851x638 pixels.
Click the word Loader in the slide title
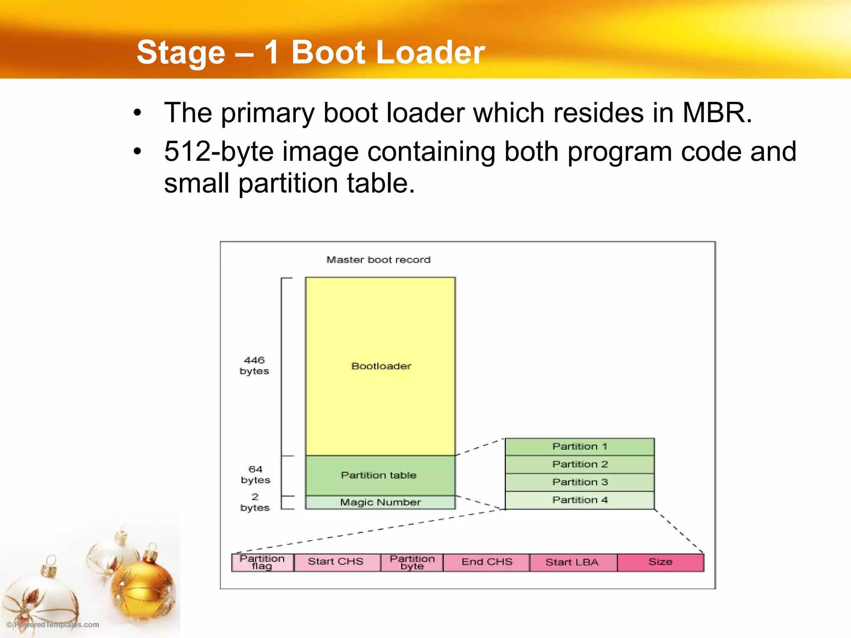[430, 52]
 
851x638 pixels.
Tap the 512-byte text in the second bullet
[219, 151]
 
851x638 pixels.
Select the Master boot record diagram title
[378, 260]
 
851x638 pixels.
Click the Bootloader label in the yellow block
[381, 366]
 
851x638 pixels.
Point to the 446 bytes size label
[254, 366]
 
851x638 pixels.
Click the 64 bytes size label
[256, 474]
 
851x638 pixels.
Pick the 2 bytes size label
[255, 502]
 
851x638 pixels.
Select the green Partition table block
[380, 475]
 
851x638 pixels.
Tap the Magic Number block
[380, 502]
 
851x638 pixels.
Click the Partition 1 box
[580, 447]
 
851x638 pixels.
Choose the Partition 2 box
[580, 464]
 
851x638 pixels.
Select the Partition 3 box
[580, 482]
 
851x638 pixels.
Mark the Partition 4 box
[580, 500]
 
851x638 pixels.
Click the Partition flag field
[262, 562]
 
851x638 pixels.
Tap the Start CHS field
[336, 562]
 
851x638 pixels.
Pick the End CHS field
[487, 562]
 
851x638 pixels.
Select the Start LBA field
[572, 562]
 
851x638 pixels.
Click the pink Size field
[660, 562]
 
